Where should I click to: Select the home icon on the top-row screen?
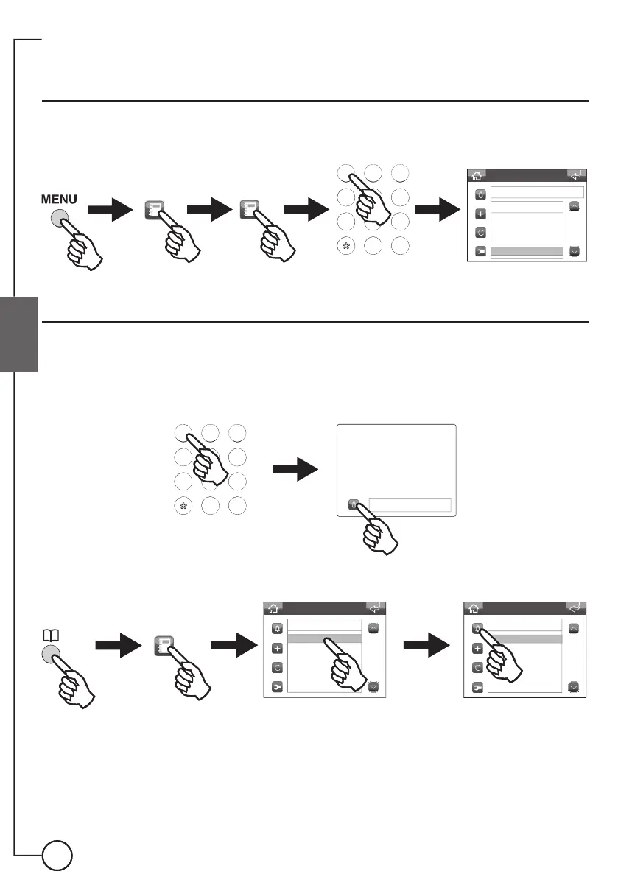point(477,175)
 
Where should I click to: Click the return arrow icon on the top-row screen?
point(576,175)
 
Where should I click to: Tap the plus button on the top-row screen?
point(480,214)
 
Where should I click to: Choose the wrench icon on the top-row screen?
point(480,251)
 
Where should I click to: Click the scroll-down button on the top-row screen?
point(575,250)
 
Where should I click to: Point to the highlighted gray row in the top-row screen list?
point(526,251)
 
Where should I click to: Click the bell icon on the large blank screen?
point(354,505)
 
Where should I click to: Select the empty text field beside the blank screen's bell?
point(410,504)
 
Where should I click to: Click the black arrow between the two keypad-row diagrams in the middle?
point(296,469)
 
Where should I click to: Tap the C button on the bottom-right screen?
point(477,668)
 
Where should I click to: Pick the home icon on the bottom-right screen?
point(474,607)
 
